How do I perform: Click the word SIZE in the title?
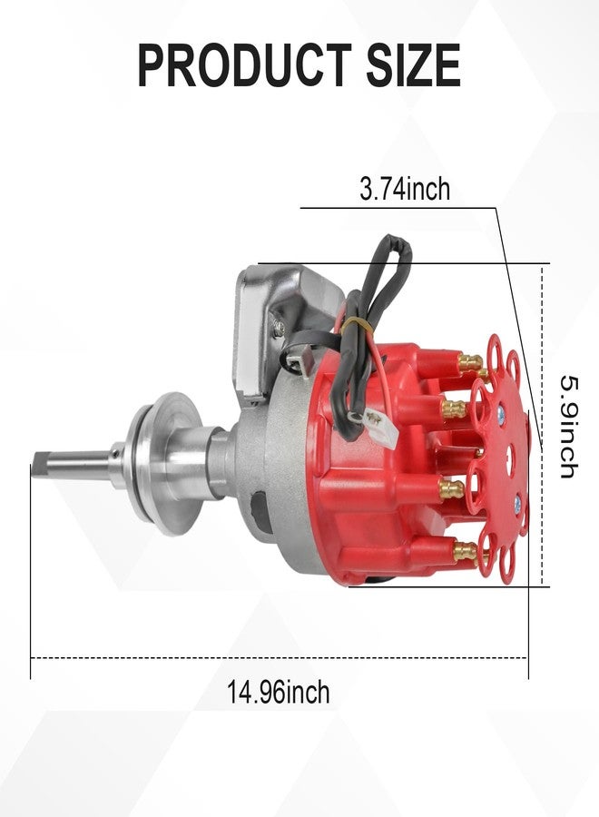(414, 65)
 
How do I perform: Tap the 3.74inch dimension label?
(405, 189)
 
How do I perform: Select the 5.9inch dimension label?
(569, 427)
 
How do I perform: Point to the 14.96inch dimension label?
(278, 693)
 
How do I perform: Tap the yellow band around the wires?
(358, 324)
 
